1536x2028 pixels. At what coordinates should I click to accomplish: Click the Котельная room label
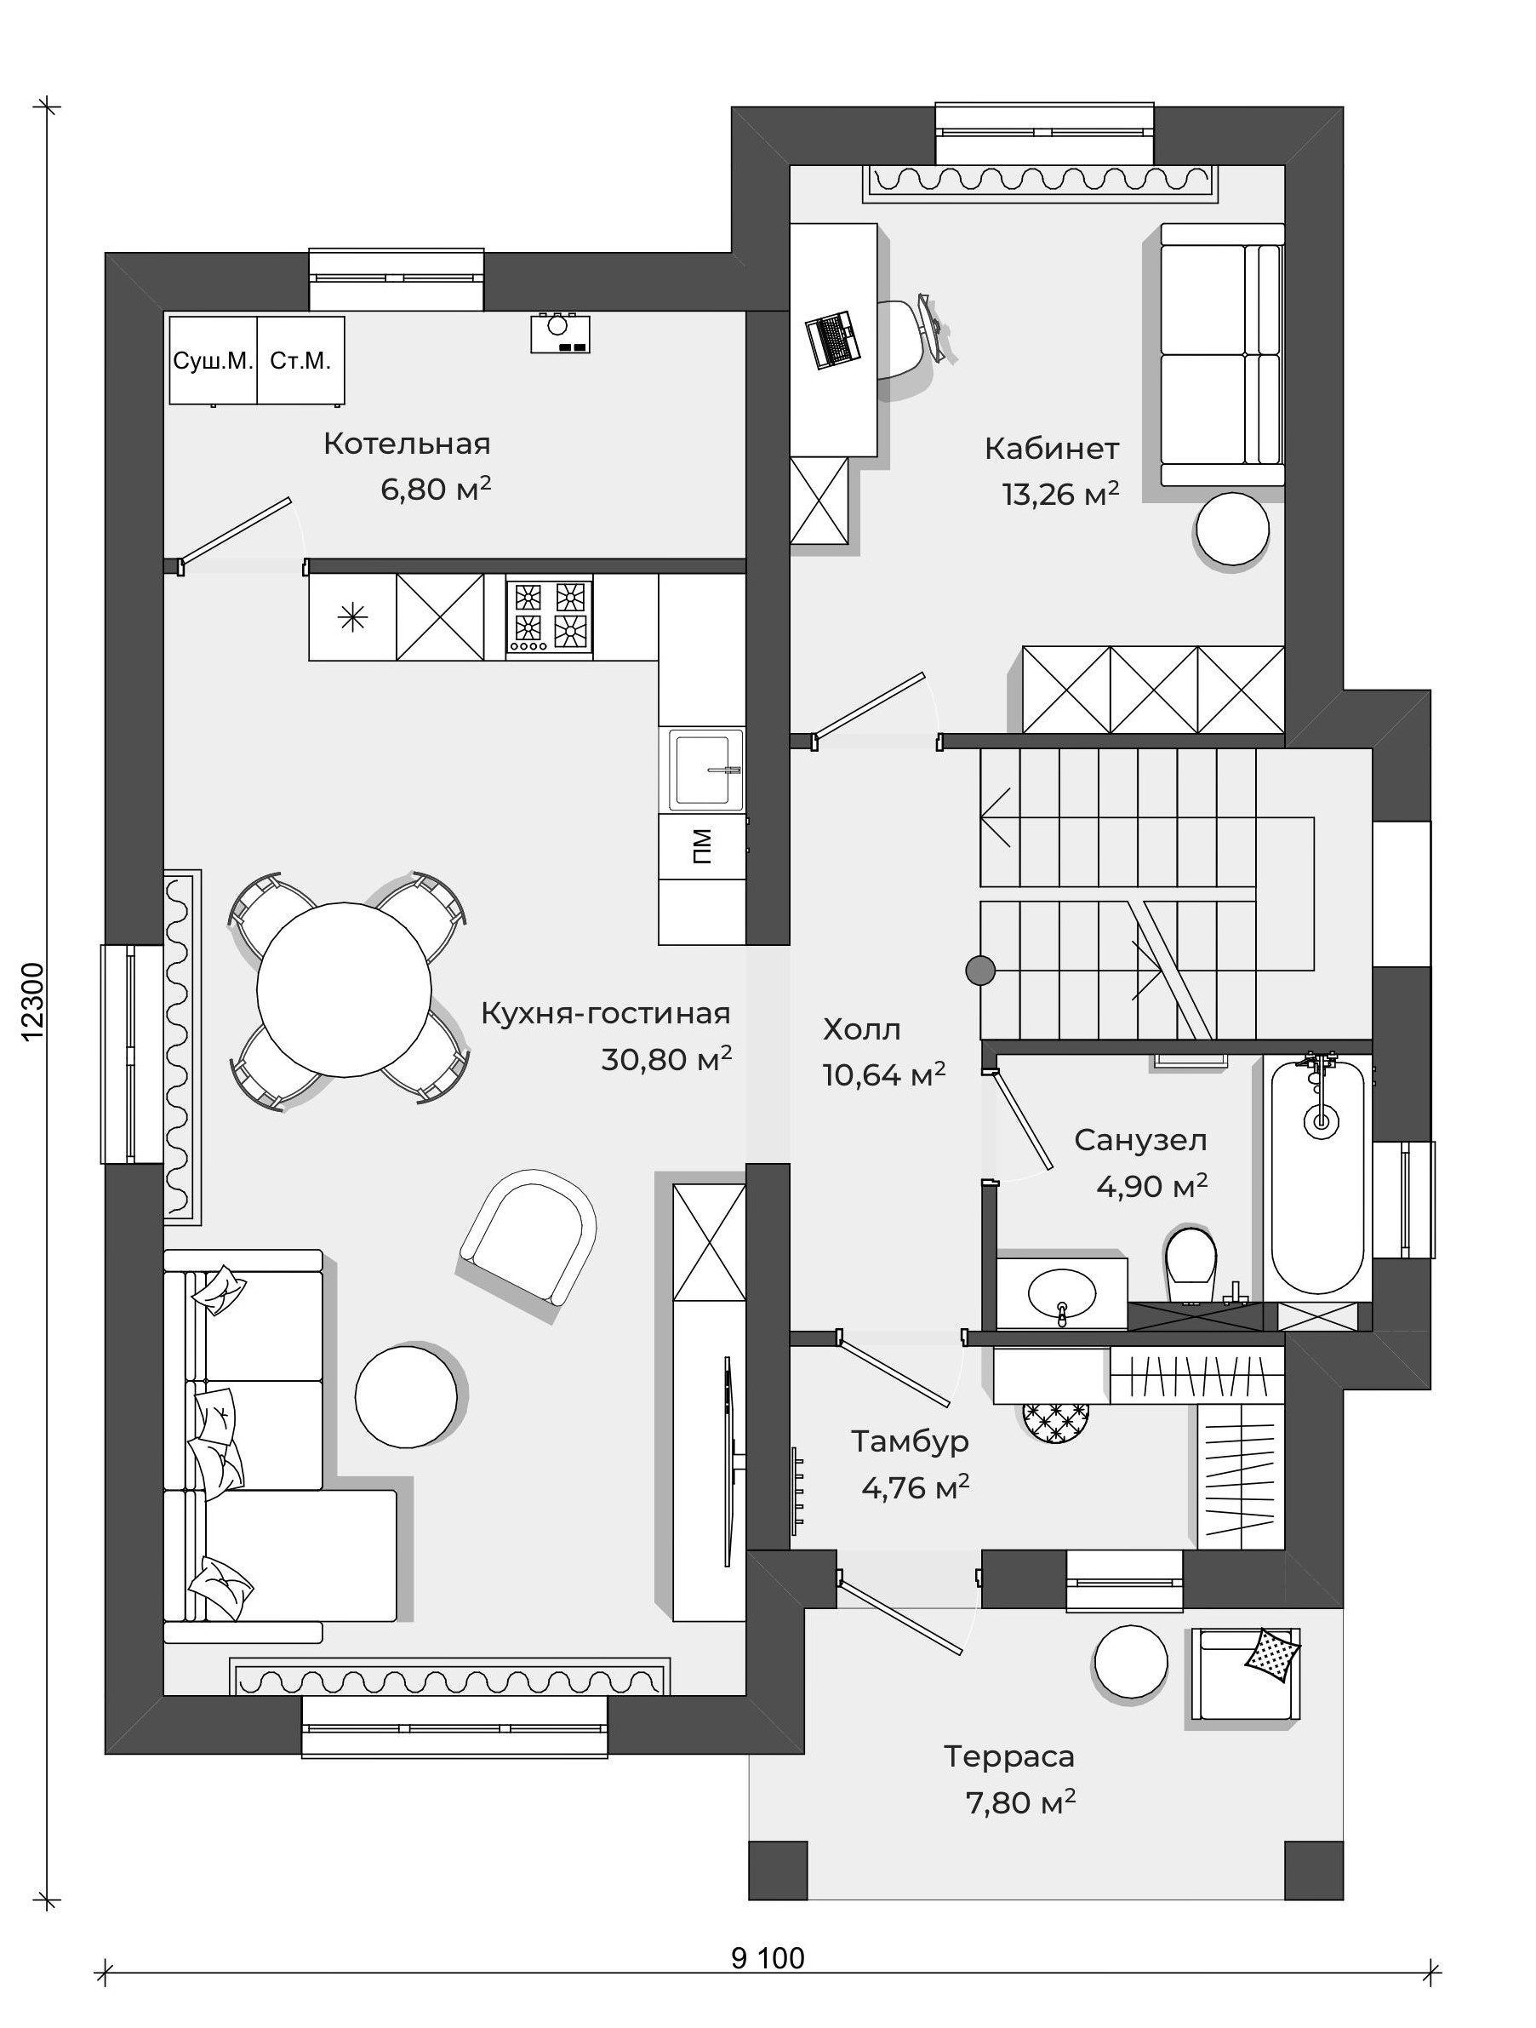[x=407, y=444]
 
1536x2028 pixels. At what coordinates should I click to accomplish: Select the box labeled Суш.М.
[x=213, y=360]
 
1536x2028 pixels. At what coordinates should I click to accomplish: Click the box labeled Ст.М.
[x=300, y=360]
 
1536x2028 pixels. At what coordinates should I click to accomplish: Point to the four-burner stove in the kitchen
[x=549, y=618]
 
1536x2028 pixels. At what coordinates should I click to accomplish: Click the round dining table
[x=344, y=989]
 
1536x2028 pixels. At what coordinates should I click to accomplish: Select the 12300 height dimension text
[x=33, y=1002]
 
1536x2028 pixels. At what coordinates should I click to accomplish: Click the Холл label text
[x=862, y=1030]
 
